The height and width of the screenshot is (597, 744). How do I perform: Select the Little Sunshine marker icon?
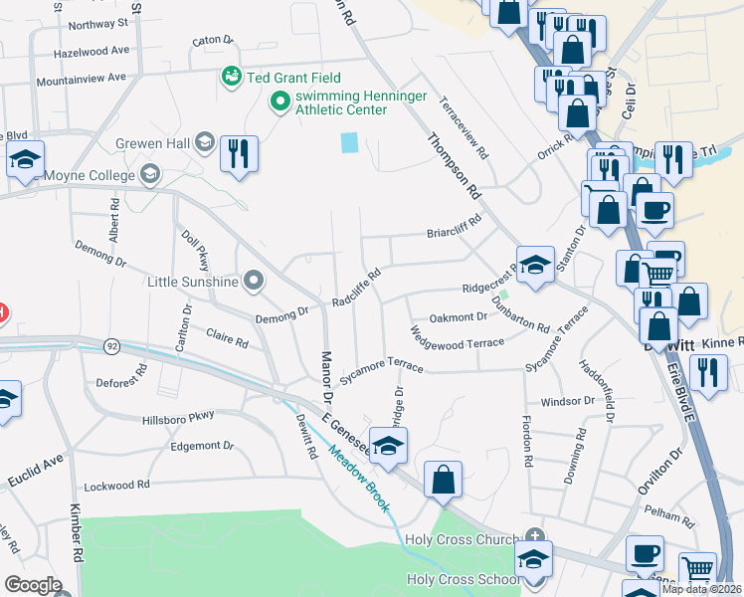click(254, 282)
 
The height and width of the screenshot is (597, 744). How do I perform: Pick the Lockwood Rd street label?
click(116, 485)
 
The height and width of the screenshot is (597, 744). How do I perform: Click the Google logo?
click(33, 585)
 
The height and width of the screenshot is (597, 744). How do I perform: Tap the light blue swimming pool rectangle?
click(349, 142)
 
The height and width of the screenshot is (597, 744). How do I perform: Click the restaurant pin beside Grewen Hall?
click(239, 154)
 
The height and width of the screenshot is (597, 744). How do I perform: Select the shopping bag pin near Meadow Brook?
click(443, 480)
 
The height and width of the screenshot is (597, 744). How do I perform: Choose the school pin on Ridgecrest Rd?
click(535, 266)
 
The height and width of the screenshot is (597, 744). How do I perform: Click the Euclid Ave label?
click(38, 463)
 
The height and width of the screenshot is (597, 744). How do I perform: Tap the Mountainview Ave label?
click(81, 77)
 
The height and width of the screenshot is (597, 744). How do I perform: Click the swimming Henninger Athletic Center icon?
click(279, 100)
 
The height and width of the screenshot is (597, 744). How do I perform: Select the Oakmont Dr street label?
click(458, 317)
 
